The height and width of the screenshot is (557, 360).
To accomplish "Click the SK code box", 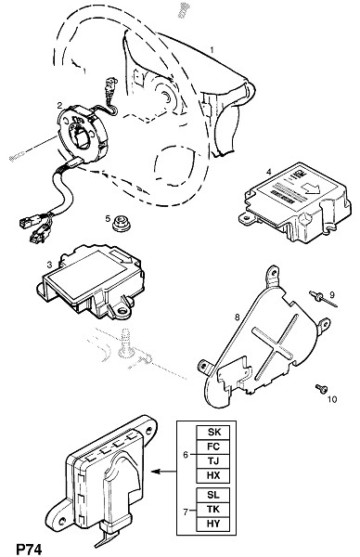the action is pyautogui.click(x=213, y=433).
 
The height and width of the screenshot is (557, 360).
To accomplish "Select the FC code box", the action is pyautogui.click(x=213, y=447).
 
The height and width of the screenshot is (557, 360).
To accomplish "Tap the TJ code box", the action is pyautogui.click(x=213, y=461).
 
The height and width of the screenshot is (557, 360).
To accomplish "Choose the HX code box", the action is pyautogui.click(x=213, y=475).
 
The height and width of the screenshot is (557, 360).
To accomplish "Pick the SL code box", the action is pyautogui.click(x=213, y=495).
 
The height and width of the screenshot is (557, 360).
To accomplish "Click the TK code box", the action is pyautogui.click(x=213, y=510).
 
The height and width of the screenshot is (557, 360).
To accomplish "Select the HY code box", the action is pyautogui.click(x=213, y=524).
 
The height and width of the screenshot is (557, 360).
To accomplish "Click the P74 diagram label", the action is pyautogui.click(x=29, y=549).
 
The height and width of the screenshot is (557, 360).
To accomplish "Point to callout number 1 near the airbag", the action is pyautogui.click(x=212, y=50).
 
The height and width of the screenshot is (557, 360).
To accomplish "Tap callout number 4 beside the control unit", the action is pyautogui.click(x=269, y=173).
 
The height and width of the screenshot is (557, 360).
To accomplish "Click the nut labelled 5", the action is pyautogui.click(x=121, y=224).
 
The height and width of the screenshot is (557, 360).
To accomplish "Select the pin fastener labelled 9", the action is pyautogui.click(x=323, y=300).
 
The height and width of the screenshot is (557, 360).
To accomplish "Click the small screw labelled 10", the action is pyautogui.click(x=321, y=389).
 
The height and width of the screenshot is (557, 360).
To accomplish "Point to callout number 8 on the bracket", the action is pyautogui.click(x=238, y=317).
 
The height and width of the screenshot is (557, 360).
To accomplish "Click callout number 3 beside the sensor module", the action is pyautogui.click(x=49, y=265).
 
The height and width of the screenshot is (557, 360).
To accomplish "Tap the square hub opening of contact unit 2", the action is pyautogui.click(x=83, y=138).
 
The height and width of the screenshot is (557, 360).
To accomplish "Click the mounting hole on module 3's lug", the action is pyautogui.click(x=122, y=313).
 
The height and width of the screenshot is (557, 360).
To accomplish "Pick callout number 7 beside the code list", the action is pyautogui.click(x=186, y=512).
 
